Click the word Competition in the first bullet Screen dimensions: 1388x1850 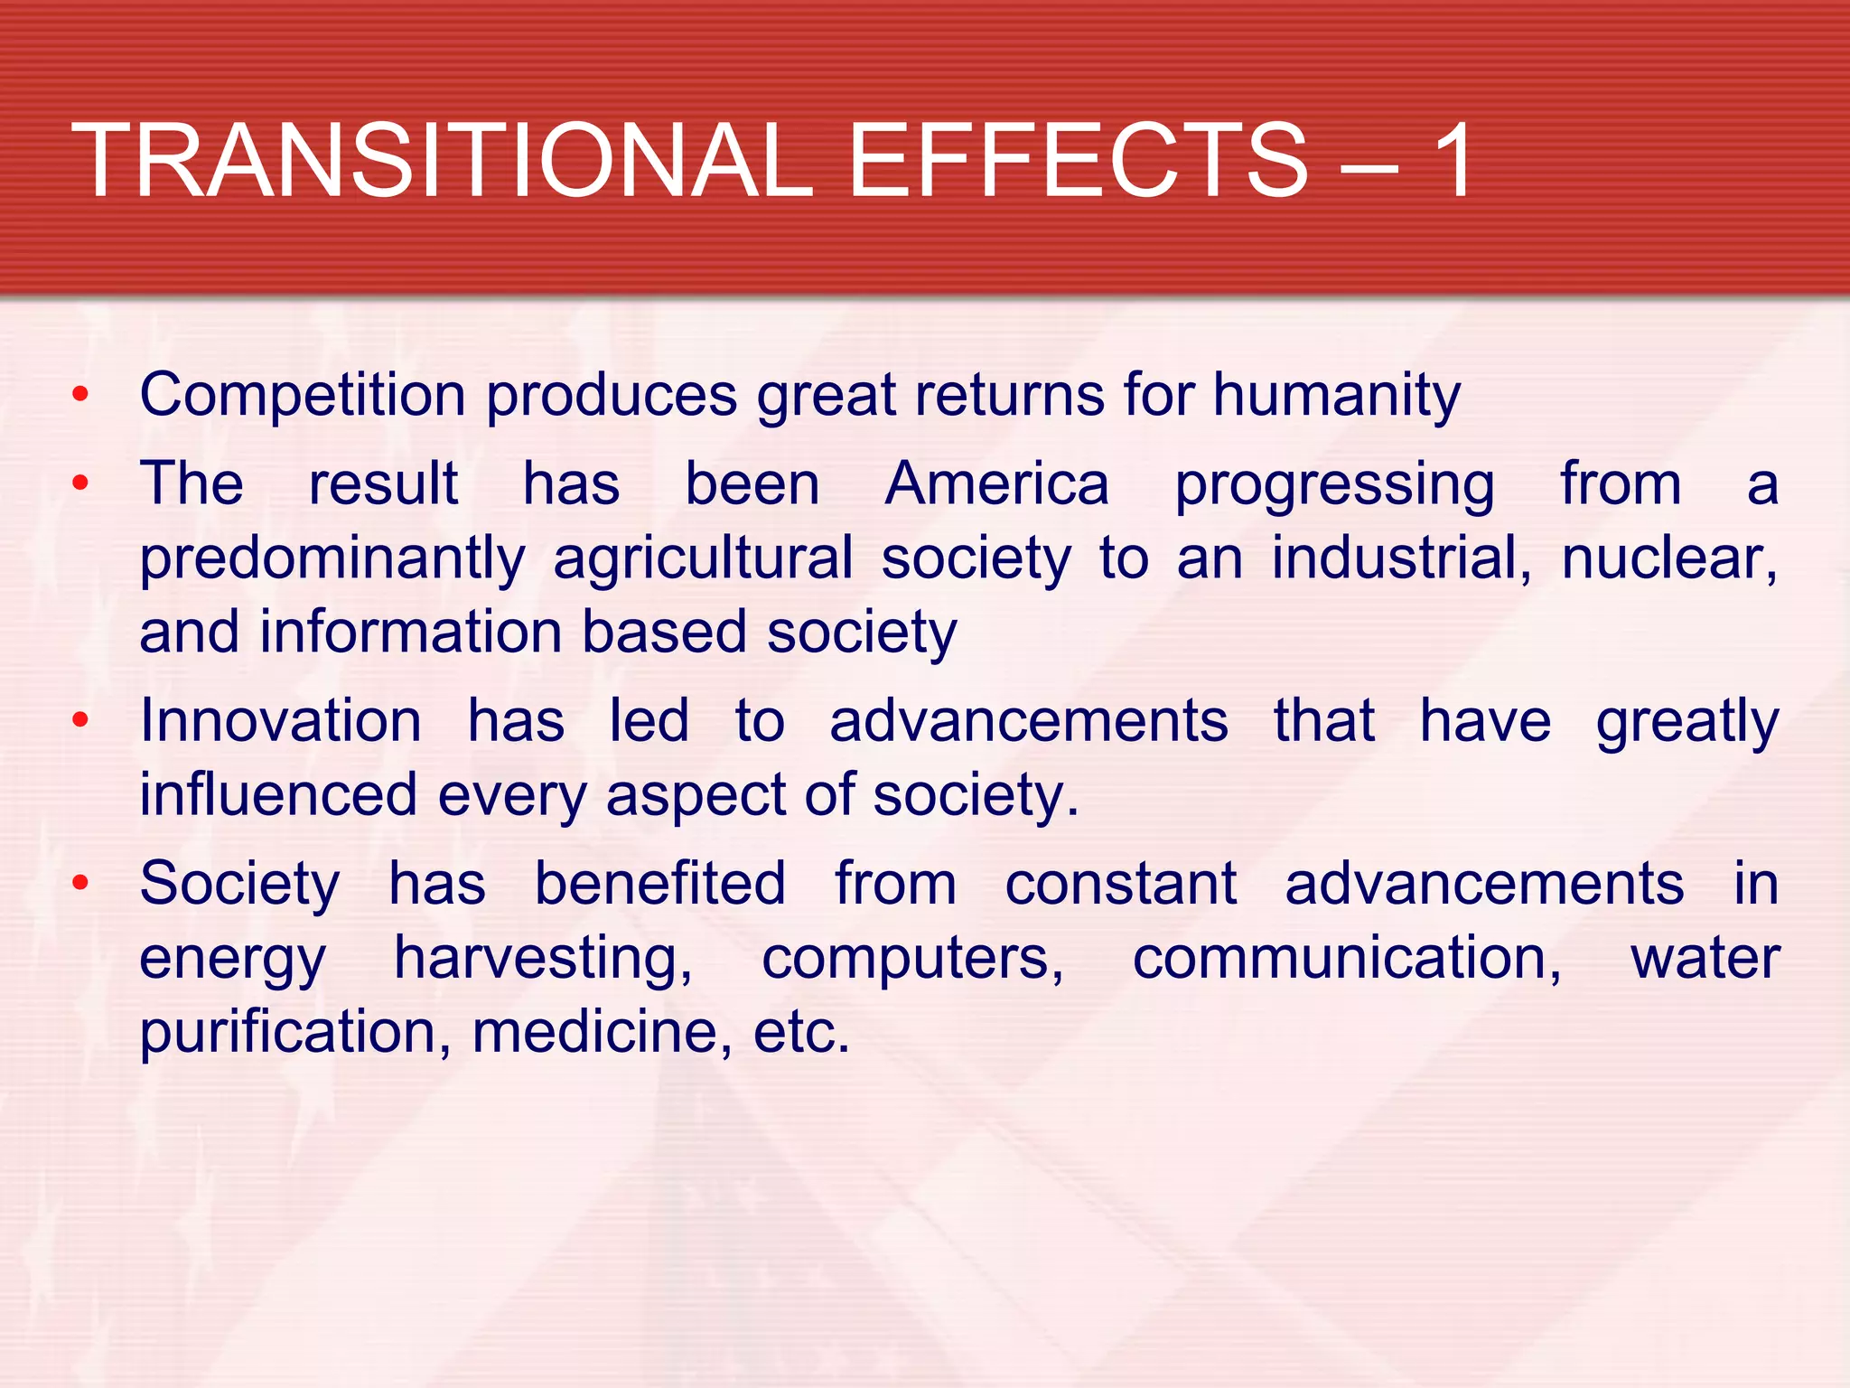point(303,396)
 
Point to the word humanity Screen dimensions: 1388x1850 point(1336,396)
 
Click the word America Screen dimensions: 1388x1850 point(996,484)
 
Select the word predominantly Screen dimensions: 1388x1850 point(332,559)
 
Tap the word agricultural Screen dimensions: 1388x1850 point(703,558)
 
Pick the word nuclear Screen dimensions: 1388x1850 point(1668,558)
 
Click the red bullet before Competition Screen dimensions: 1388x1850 point(81,394)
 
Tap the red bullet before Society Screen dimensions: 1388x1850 point(81,882)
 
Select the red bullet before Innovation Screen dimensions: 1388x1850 point(81,720)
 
